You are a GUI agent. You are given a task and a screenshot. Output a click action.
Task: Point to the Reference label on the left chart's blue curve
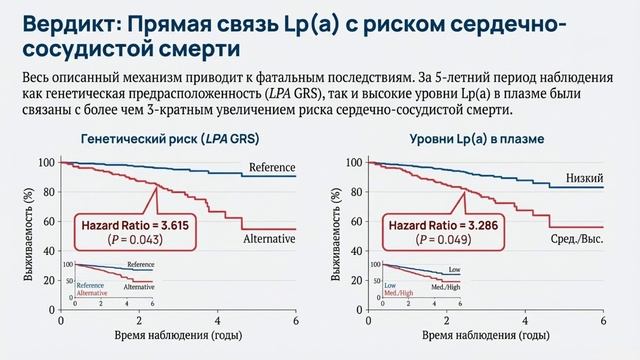(271, 167)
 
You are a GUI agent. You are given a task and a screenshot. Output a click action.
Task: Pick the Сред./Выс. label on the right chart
(576, 241)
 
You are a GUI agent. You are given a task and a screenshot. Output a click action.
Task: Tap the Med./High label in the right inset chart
(446, 287)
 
